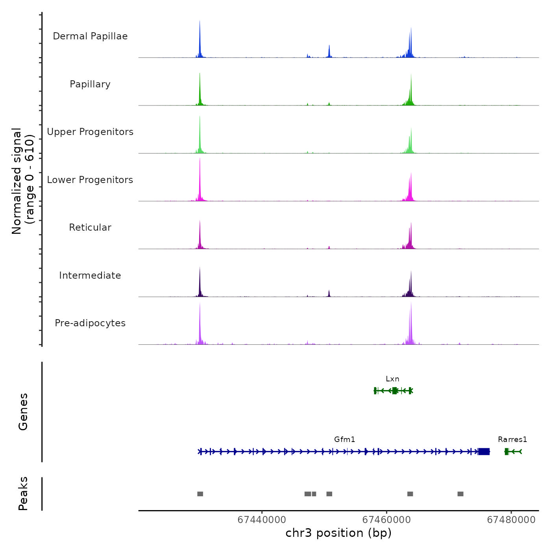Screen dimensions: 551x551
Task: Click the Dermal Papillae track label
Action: (90, 36)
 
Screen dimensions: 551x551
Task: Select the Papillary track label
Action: (90, 84)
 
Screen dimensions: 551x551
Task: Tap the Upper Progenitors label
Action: (90, 132)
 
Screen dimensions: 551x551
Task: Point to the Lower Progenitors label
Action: (90, 180)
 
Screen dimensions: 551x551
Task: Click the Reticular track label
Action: (90, 227)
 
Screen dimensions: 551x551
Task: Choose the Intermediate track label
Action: (90, 275)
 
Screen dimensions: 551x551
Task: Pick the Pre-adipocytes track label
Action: (90, 323)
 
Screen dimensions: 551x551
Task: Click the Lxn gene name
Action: (392, 379)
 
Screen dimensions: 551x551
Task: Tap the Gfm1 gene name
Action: (344, 440)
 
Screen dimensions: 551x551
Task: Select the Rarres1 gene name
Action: (512, 440)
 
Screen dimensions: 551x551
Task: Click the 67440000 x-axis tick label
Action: (262, 520)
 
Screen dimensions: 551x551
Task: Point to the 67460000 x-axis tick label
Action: (386, 520)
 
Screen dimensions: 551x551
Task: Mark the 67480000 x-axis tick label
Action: (511, 520)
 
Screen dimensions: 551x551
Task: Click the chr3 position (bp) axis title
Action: (338, 533)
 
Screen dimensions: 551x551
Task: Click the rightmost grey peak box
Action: (460, 494)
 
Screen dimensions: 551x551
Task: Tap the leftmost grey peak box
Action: (200, 494)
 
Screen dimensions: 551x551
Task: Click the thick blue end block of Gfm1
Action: (484, 451)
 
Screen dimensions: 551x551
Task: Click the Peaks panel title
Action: (23, 494)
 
